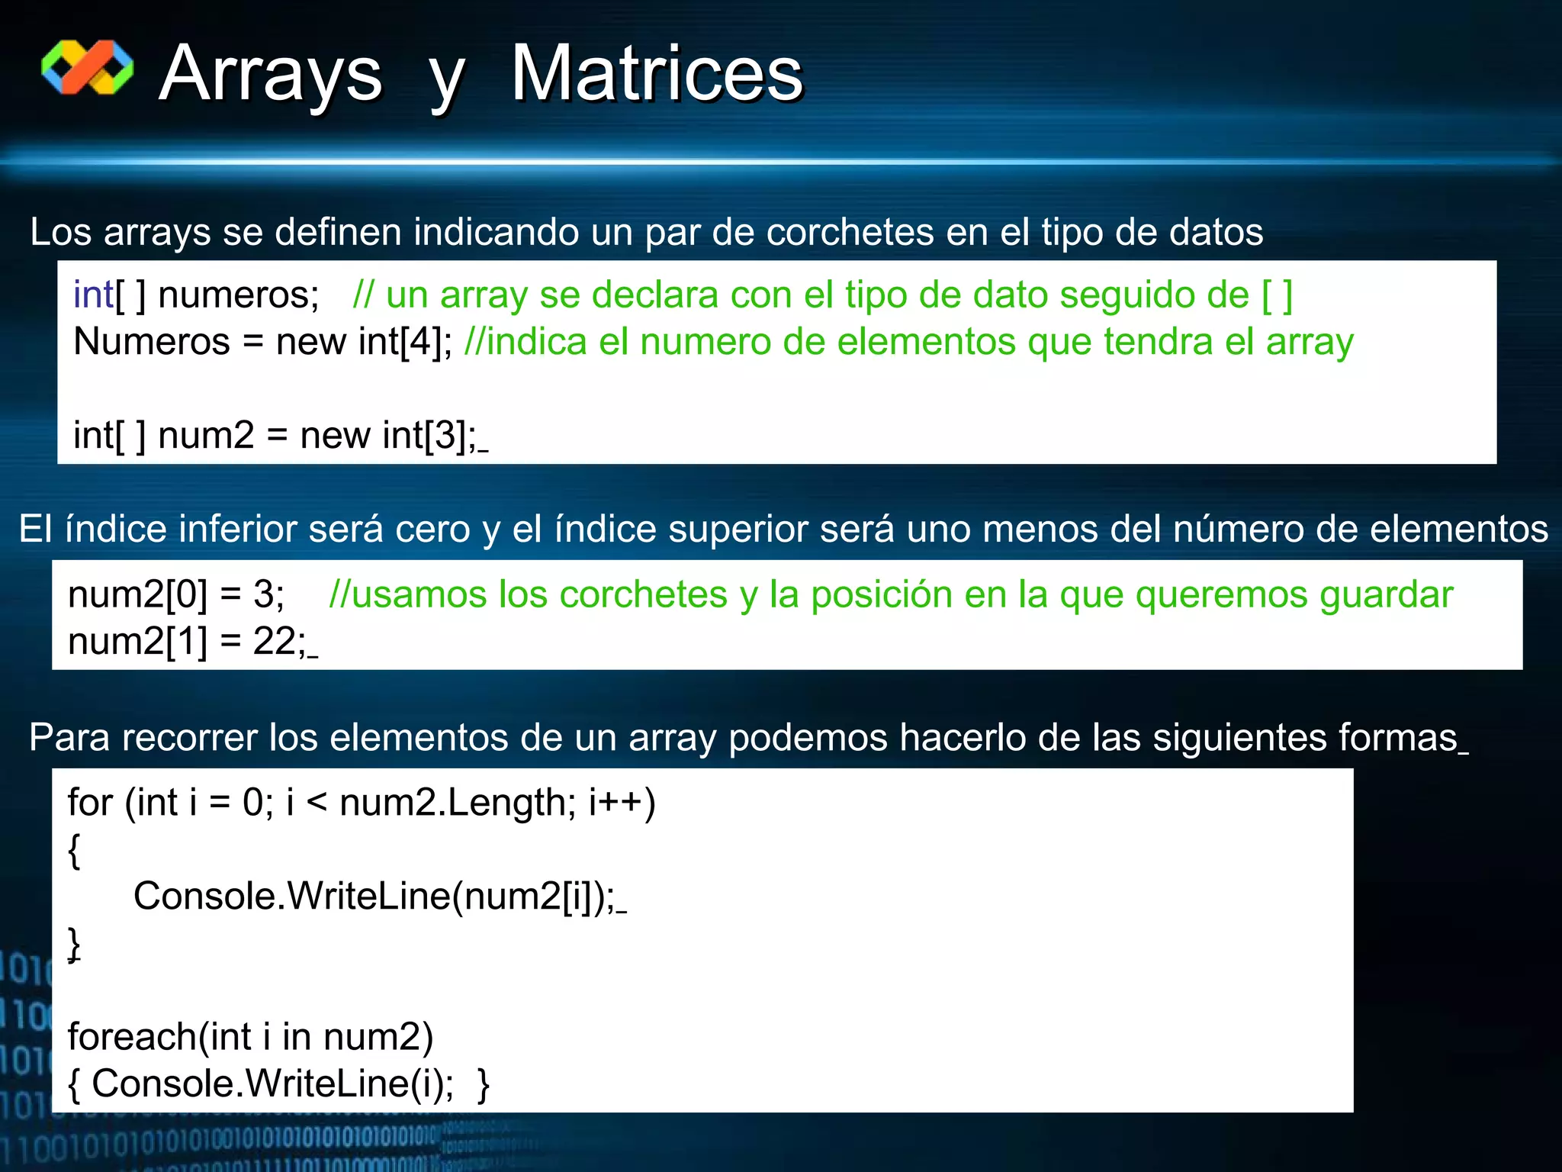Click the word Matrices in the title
click(657, 73)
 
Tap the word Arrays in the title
click(271, 73)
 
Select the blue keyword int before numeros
click(93, 295)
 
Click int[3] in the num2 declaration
click(429, 436)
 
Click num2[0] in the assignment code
click(137, 594)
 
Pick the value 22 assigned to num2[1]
click(275, 642)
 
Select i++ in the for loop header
click(615, 803)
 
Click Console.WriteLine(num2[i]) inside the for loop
click(374, 897)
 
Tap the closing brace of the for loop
click(74, 944)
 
